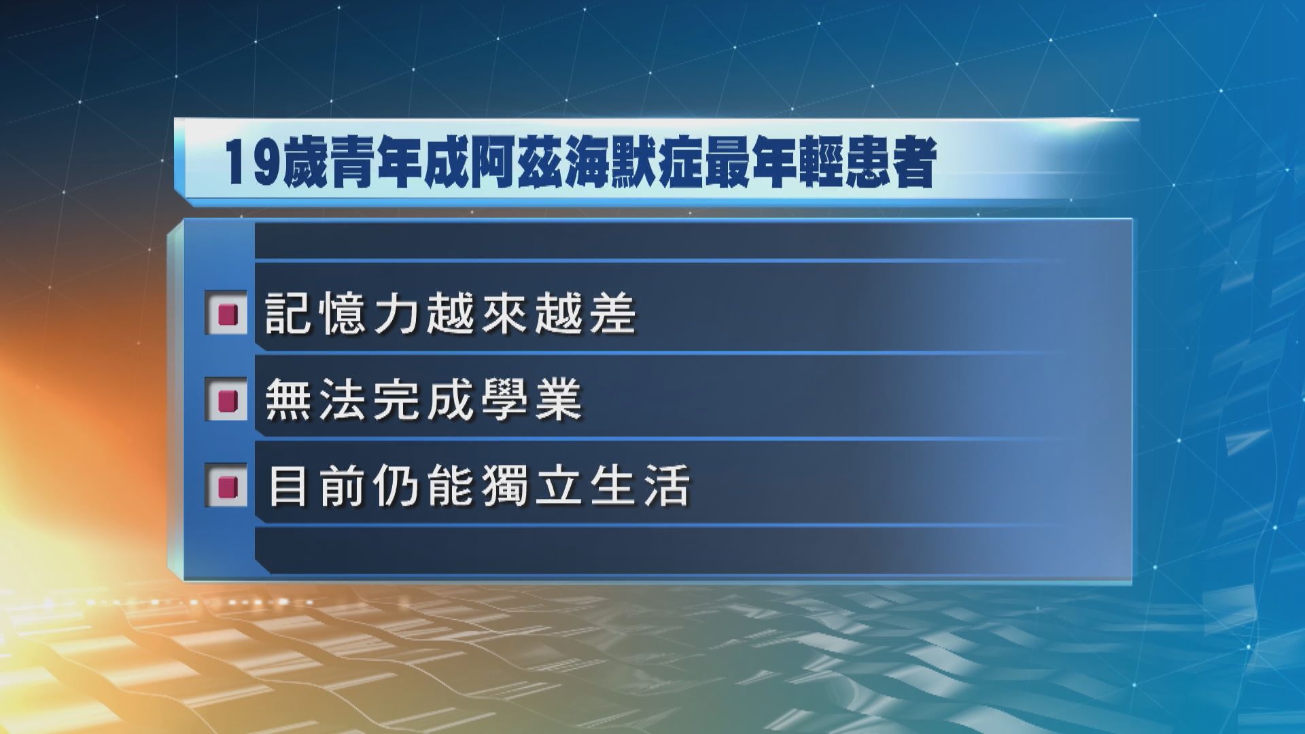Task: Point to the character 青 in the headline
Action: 355,164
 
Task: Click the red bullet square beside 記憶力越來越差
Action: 226,314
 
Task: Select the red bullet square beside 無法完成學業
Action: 226,400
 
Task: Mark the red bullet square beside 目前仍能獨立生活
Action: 226,486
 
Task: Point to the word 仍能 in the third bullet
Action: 424,486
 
